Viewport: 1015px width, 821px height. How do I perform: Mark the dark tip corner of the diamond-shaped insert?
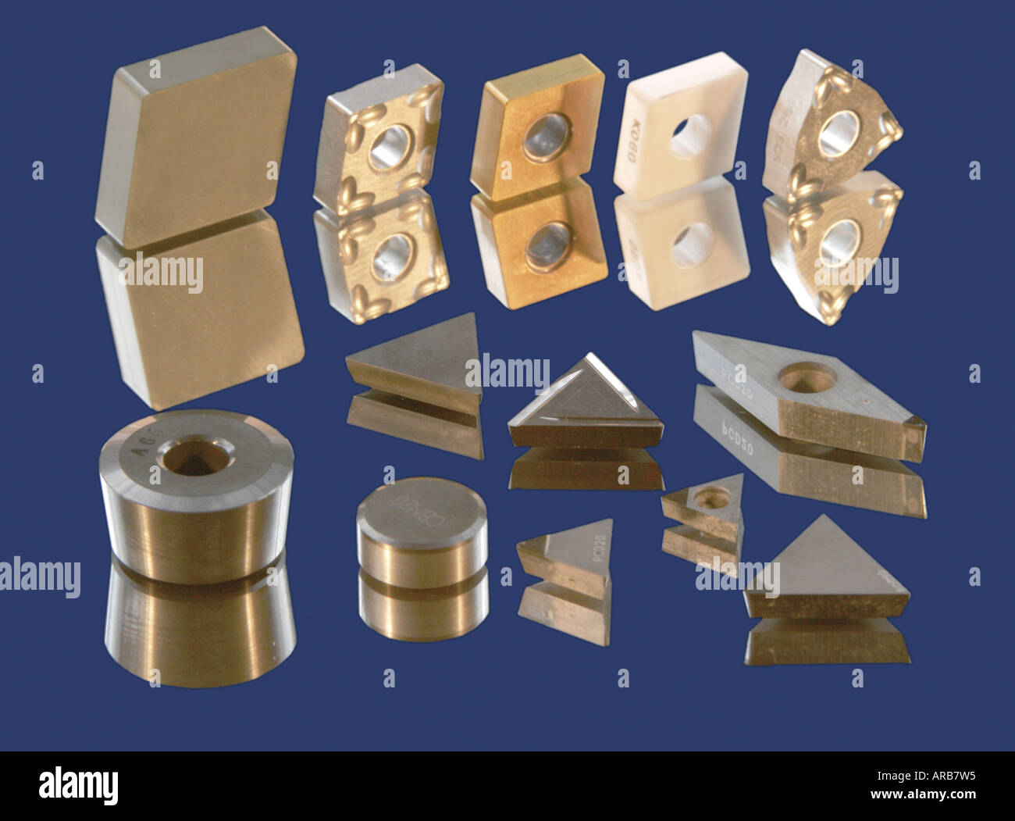[x=913, y=429]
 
